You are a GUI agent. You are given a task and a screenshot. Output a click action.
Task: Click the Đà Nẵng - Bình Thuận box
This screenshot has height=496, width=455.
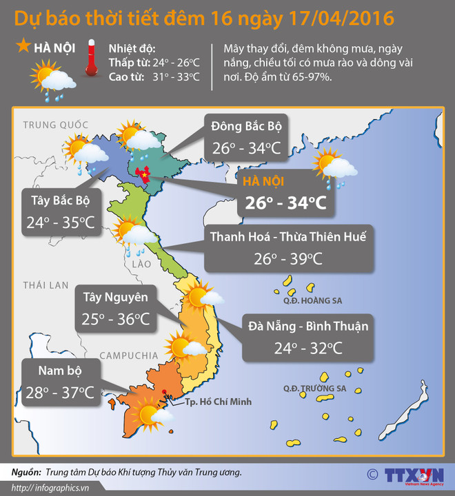[x=308, y=336]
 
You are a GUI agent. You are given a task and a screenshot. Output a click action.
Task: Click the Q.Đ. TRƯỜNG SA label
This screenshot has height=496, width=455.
[x=314, y=389]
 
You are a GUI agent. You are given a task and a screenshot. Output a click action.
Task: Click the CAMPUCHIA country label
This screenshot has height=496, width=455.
[x=129, y=355]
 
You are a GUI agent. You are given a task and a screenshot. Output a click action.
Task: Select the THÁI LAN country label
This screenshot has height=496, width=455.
[x=43, y=285]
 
